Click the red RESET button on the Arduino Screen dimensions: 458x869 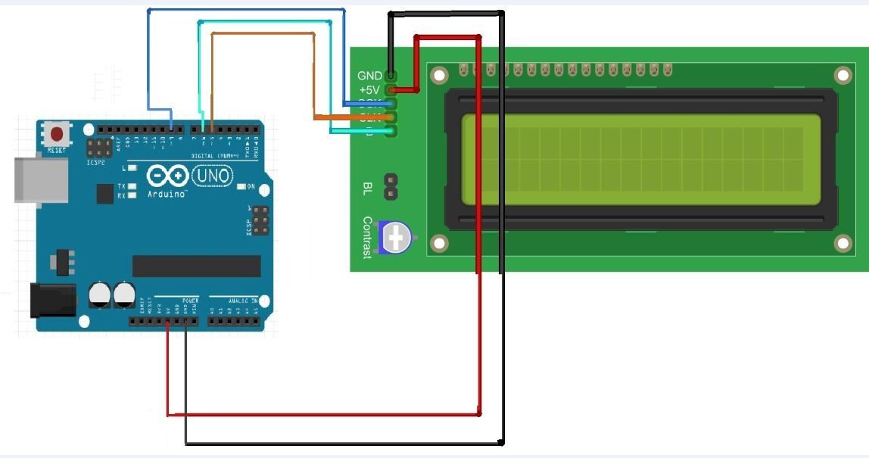[56, 135]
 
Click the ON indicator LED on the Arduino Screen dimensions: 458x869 [241, 186]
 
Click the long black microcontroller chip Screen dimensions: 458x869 [196, 266]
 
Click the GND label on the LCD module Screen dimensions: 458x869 [369, 76]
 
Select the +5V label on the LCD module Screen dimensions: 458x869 [369, 89]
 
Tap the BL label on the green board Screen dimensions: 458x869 [368, 188]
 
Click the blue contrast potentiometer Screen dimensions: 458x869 [395, 238]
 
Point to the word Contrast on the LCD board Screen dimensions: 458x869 [367, 238]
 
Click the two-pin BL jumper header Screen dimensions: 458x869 [391, 187]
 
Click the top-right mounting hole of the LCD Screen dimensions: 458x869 [843, 74]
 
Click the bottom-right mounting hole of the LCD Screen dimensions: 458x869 [843, 243]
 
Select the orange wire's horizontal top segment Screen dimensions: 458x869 [263, 33]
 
